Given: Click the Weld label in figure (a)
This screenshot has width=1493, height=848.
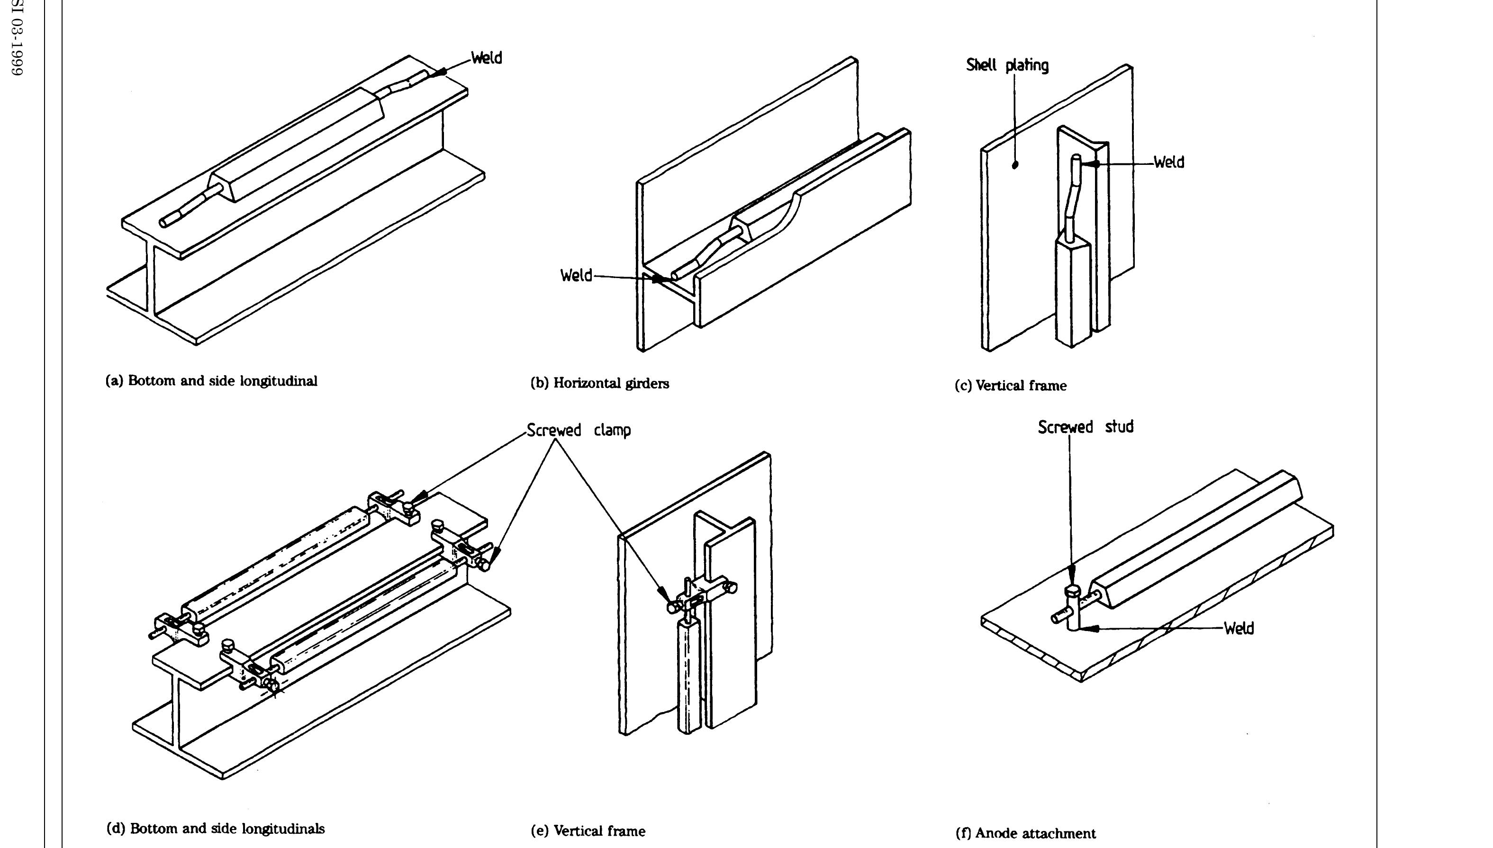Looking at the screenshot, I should pos(487,58).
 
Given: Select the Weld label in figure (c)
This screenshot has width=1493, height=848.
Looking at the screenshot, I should pos(1168,162).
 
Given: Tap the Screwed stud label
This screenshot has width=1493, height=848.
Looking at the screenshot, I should pos(1085,427).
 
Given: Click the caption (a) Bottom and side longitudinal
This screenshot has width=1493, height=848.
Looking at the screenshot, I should pos(211,381).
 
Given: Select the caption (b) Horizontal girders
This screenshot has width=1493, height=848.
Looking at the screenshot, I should pos(599,383).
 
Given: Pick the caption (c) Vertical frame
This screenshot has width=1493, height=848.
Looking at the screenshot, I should pos(1010,386).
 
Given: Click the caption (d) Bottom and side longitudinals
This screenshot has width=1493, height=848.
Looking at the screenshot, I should pos(215,829).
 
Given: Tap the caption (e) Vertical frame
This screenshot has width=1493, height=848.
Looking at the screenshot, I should pos(588,831).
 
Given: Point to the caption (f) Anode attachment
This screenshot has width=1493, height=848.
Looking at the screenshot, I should pos(1025,833).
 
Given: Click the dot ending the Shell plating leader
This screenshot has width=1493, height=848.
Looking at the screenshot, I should pos(1015,165).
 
